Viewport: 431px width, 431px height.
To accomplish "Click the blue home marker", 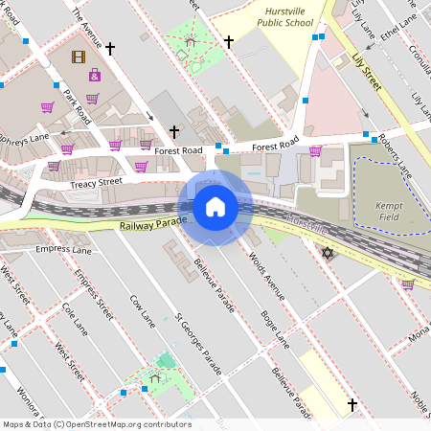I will (215, 207).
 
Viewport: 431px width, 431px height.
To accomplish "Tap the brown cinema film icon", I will (77, 56).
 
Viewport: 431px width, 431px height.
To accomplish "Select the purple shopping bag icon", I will (94, 75).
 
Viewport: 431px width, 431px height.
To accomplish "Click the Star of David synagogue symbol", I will (327, 253).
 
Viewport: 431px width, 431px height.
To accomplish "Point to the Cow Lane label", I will (141, 306).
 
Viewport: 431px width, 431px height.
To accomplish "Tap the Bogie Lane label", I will (276, 329).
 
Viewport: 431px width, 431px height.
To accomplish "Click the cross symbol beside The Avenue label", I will (110, 47).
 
